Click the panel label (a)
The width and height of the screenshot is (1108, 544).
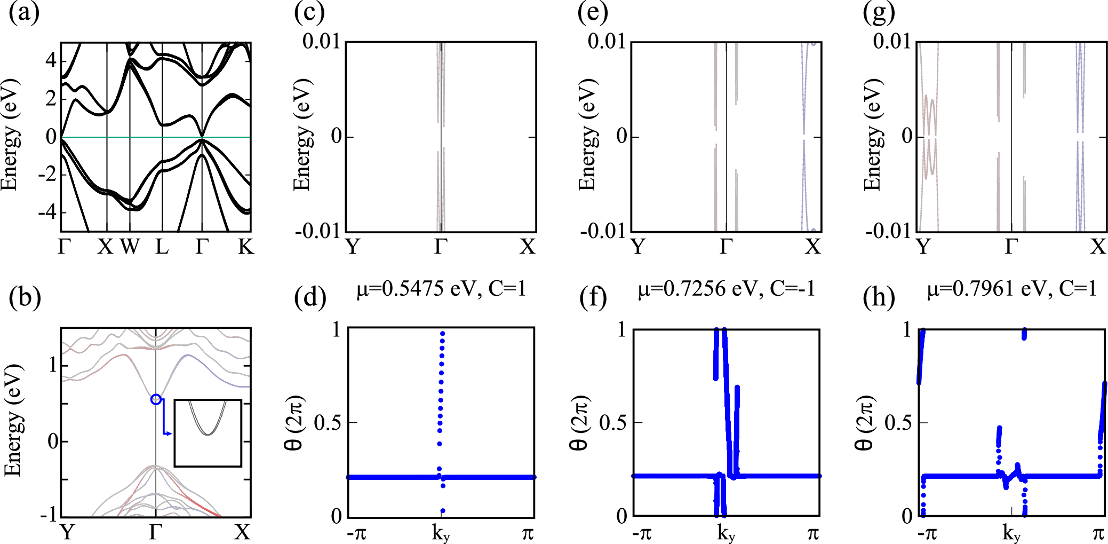pyautogui.click(x=24, y=13)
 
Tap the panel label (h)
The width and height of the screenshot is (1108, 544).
pyautogui.click(x=879, y=297)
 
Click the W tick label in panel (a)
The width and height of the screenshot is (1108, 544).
pyautogui.click(x=130, y=247)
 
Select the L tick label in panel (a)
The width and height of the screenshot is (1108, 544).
pyautogui.click(x=162, y=247)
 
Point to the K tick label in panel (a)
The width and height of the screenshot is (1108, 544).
pyautogui.click(x=246, y=247)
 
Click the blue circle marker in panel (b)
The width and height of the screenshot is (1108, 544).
pyautogui.click(x=156, y=399)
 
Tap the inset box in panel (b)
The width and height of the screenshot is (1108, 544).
pyautogui.click(x=208, y=433)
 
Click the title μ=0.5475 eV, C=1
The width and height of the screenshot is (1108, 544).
pyautogui.click(x=441, y=289)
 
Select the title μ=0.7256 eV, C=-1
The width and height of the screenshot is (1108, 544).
pyautogui.click(x=726, y=289)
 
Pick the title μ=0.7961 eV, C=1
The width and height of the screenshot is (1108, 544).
pyautogui.click(x=1011, y=289)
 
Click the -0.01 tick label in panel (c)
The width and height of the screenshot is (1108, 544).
pyautogui.click(x=318, y=231)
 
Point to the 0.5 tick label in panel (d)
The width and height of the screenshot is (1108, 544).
pyautogui.click(x=328, y=423)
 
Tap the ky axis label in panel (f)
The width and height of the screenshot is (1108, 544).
pyautogui.click(x=726, y=533)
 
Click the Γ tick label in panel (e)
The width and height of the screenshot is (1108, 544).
pyautogui.click(x=726, y=247)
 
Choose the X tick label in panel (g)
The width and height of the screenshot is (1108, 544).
pyautogui.click(x=1098, y=247)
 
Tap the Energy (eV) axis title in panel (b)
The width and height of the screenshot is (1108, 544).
pyautogui.click(x=13, y=420)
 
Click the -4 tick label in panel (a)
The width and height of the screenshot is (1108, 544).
pyautogui.click(x=47, y=212)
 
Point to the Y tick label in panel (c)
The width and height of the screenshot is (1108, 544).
pyautogui.click(x=353, y=247)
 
